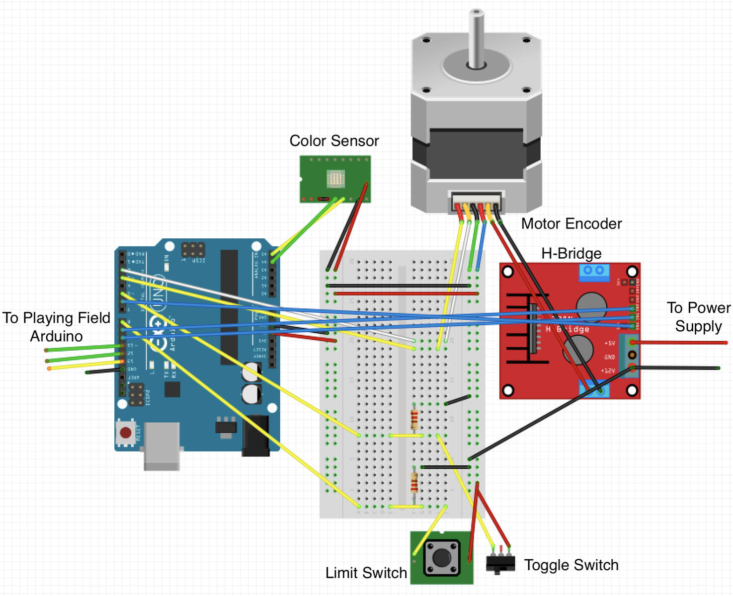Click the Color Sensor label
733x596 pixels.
click(334, 141)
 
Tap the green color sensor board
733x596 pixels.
click(335, 179)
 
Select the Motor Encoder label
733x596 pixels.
click(571, 224)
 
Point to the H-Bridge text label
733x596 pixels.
click(571, 254)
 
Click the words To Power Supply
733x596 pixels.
click(698, 317)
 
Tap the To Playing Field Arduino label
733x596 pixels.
click(56, 327)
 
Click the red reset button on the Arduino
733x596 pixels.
click(126, 433)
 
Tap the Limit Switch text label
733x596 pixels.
click(366, 573)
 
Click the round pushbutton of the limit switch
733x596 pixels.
click(441, 558)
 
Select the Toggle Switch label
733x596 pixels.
click(571, 565)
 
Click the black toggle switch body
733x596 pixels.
click(500, 564)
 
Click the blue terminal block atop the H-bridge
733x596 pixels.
click(594, 271)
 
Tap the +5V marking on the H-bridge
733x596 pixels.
click(609, 343)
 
